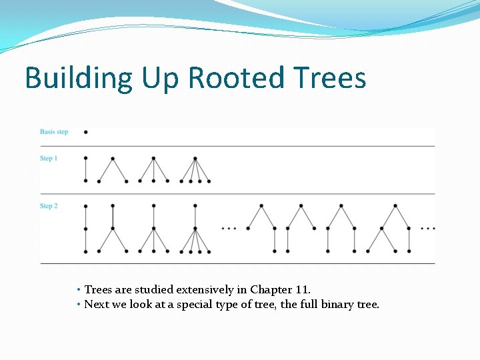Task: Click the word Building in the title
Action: pyautogui.click(x=79, y=78)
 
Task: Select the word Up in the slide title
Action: pyautogui.click(x=161, y=78)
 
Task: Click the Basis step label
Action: pyautogui.click(x=54, y=132)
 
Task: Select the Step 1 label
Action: pyautogui.click(x=49, y=158)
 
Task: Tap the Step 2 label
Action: pyautogui.click(x=49, y=206)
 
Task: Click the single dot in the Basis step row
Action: pyautogui.click(x=86, y=132)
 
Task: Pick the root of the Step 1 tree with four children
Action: pyautogui.click(x=195, y=159)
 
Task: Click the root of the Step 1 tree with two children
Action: pyautogui.click(x=113, y=159)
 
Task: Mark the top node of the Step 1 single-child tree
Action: pyautogui.click(x=86, y=159)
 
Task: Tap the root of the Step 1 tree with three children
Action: pyautogui.click(x=154, y=159)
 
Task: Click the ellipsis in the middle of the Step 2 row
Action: pyautogui.click(x=228, y=228)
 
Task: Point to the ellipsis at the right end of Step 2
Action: pyautogui.click(x=428, y=228)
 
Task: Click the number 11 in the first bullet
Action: pyautogui.click(x=302, y=290)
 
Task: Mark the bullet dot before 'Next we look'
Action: pyautogui.click(x=79, y=305)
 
